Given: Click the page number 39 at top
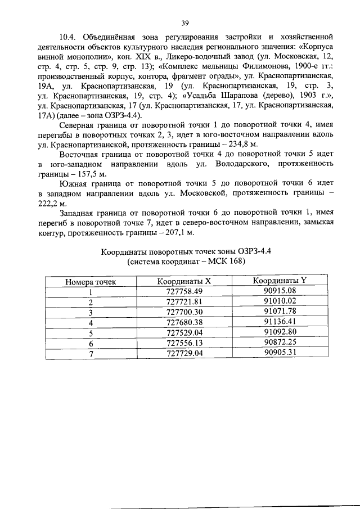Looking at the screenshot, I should point(184,22).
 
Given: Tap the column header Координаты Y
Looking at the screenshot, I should point(279,280).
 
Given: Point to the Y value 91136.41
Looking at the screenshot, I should point(279,322).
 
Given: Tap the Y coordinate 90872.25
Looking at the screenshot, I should point(279,342).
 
